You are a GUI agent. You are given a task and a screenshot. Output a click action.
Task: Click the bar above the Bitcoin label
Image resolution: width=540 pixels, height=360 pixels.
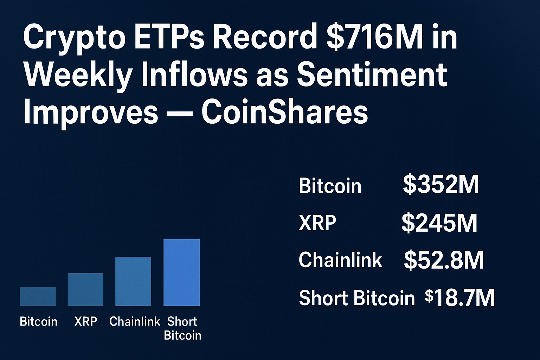38,296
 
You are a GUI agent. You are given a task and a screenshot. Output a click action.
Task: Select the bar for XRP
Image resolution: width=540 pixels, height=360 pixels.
85,289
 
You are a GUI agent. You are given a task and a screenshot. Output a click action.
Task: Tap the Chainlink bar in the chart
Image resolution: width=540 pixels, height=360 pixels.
133,281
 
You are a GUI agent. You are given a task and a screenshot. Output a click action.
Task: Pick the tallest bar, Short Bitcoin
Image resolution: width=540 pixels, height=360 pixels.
181,272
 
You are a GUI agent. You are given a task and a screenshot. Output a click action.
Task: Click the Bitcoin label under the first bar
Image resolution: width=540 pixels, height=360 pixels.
38,321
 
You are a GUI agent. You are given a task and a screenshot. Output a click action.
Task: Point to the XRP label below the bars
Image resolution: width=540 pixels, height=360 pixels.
85,321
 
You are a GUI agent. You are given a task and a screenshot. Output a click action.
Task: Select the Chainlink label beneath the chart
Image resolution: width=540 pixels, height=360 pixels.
135,321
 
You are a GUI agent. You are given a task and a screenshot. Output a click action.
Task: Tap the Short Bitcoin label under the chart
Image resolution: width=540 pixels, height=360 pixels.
182,328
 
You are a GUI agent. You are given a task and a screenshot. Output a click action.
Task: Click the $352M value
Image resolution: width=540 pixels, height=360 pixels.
441,185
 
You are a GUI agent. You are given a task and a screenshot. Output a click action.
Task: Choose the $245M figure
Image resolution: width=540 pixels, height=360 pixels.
439,223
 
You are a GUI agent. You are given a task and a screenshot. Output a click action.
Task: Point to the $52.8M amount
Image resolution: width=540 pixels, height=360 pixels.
444,261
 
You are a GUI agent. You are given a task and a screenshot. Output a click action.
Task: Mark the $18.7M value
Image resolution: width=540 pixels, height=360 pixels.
460,298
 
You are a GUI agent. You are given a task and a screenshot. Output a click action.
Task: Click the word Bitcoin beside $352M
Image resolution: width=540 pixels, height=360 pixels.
330,186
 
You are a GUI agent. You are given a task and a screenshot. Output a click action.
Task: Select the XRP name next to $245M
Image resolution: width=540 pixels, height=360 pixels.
317,223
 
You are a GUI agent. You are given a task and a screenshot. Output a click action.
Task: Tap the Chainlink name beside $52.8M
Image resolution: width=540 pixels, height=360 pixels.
340,260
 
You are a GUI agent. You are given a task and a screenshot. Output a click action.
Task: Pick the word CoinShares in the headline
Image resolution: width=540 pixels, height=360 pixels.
284,112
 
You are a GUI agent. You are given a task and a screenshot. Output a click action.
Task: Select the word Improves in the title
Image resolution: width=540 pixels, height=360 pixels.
90,112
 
